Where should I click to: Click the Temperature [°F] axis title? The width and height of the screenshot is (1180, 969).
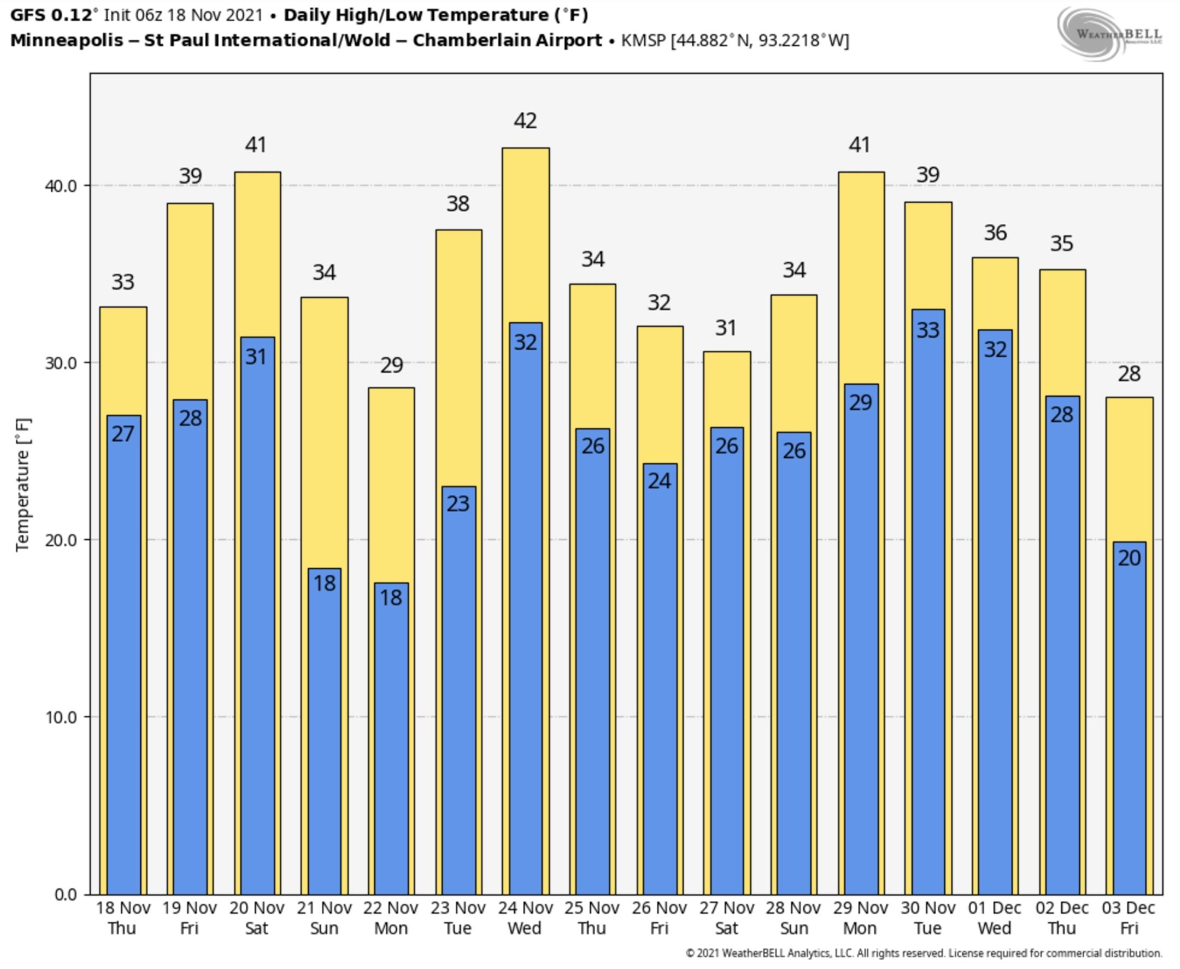tap(23, 485)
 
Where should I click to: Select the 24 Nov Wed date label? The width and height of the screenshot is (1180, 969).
tap(525, 918)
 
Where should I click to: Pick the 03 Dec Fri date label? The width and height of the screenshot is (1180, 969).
tap(1129, 918)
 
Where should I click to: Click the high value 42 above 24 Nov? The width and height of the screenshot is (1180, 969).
tap(525, 121)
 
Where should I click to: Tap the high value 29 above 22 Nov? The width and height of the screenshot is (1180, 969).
tap(392, 365)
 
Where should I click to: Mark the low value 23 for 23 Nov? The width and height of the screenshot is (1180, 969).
tap(458, 504)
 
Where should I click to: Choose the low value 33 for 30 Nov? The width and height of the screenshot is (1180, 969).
tap(928, 330)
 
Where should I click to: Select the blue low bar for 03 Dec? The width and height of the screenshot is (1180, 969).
tap(1129, 726)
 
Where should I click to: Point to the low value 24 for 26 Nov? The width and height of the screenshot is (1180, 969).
tap(659, 481)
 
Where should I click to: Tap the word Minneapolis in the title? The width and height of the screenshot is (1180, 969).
tap(67, 41)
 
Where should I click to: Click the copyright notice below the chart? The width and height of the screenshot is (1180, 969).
tap(924, 953)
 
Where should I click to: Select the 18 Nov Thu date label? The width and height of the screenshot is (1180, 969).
tap(123, 918)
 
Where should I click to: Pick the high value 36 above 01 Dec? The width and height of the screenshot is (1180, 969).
tap(995, 233)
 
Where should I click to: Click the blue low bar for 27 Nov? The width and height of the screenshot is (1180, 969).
tap(727, 670)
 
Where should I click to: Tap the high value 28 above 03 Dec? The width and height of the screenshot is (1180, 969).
tap(1129, 374)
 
